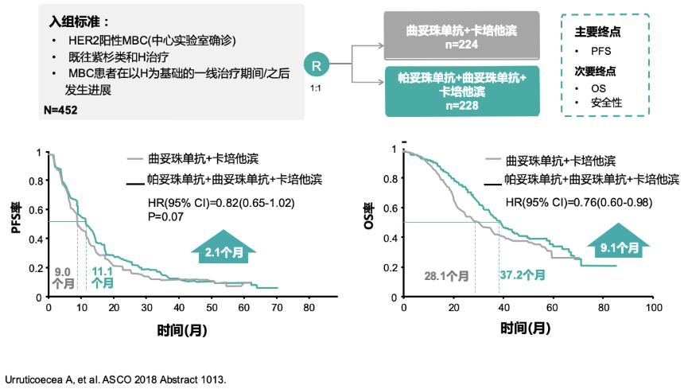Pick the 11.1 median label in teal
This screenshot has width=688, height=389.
(x=102, y=277)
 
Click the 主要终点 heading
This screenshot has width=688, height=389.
(x=597, y=33)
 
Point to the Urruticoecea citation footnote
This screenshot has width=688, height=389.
(x=115, y=379)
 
